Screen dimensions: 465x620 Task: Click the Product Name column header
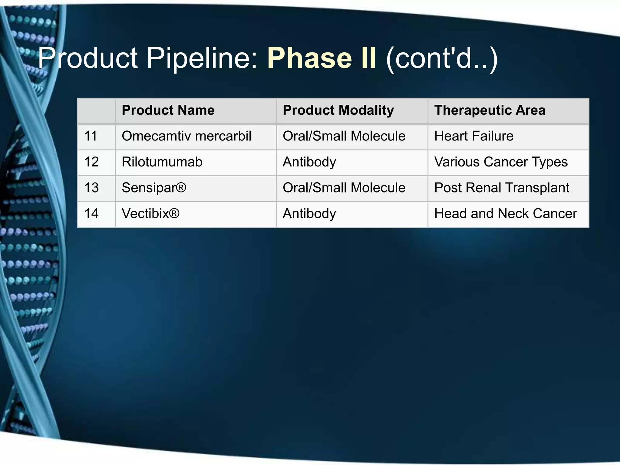point(168,110)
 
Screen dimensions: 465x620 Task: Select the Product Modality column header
point(338,110)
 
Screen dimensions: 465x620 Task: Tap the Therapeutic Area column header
point(490,110)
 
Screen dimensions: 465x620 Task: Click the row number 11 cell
point(91,136)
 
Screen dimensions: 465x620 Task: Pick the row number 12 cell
point(91,162)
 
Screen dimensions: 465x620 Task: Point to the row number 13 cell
point(91,188)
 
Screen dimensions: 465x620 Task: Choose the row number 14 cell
point(91,214)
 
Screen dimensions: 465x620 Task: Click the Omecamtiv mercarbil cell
point(186,136)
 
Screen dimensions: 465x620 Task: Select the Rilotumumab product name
point(162,162)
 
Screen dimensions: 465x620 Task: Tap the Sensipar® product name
point(154,188)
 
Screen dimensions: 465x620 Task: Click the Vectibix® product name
point(150,214)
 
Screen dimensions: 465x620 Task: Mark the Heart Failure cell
point(474,136)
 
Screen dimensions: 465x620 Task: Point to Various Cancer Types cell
point(501,162)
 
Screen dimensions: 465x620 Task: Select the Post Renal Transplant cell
point(502,188)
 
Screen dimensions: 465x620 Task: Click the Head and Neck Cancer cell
point(506,214)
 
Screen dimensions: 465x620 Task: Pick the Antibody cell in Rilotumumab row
point(309,162)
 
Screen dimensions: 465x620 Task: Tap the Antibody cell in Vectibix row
point(309,214)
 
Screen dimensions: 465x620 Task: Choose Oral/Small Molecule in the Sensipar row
point(344,188)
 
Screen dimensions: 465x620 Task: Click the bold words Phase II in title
point(322,58)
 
